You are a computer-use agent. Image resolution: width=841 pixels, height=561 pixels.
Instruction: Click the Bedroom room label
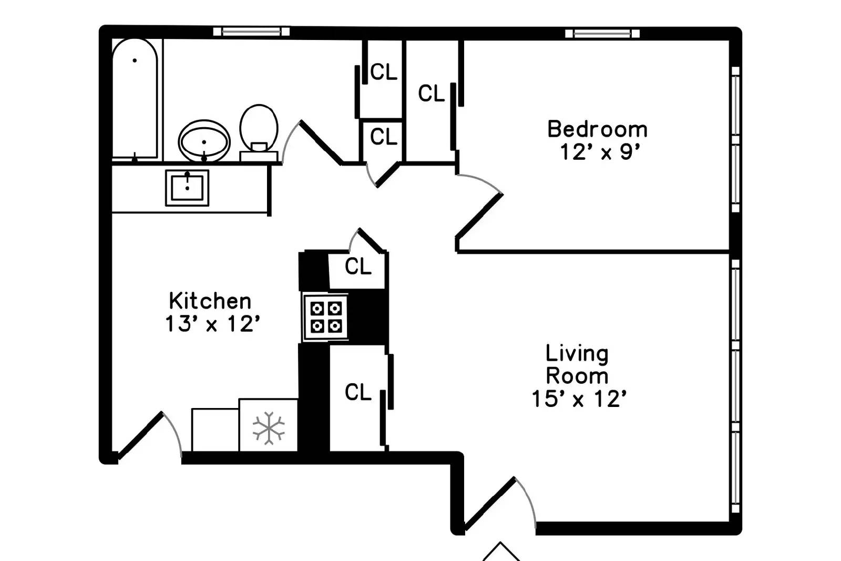pos(597,129)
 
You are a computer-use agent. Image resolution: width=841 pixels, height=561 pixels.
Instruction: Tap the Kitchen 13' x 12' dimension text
pos(212,324)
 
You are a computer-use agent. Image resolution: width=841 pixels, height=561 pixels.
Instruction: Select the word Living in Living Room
pos(577,353)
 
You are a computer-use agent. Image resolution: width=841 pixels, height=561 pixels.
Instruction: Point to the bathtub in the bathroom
pos(135,98)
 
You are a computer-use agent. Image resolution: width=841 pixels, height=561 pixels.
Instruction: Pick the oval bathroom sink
pos(204,141)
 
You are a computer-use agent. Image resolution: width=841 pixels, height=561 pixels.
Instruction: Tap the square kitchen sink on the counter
pos(187,187)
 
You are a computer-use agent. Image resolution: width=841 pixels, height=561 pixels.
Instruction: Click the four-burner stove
pos(326,317)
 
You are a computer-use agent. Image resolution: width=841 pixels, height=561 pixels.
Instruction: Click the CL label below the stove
pos(358,392)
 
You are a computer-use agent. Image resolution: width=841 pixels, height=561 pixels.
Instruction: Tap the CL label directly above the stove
pos(358,267)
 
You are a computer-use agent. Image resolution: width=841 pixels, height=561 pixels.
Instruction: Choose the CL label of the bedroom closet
pos(431,94)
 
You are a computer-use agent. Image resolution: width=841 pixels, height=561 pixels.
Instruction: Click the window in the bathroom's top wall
pos(251,32)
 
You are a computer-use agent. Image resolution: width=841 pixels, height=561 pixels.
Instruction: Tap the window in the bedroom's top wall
pos(602,34)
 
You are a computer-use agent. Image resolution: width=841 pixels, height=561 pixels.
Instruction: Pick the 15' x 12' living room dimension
pos(579,399)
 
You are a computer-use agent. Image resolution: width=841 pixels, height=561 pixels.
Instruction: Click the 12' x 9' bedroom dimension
pos(600,152)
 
